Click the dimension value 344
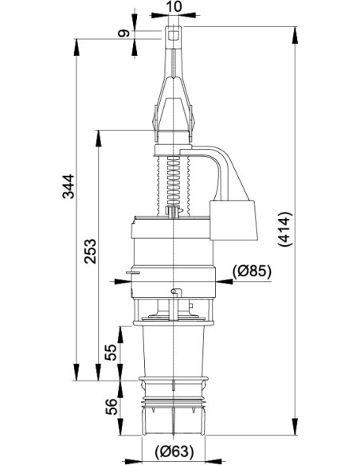[68, 186]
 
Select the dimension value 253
[90, 252]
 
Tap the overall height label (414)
[285, 229]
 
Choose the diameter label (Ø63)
[174, 451]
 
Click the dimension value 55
[112, 352]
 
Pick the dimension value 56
[112, 407]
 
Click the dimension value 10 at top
[174, 6]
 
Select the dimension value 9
[123, 33]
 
